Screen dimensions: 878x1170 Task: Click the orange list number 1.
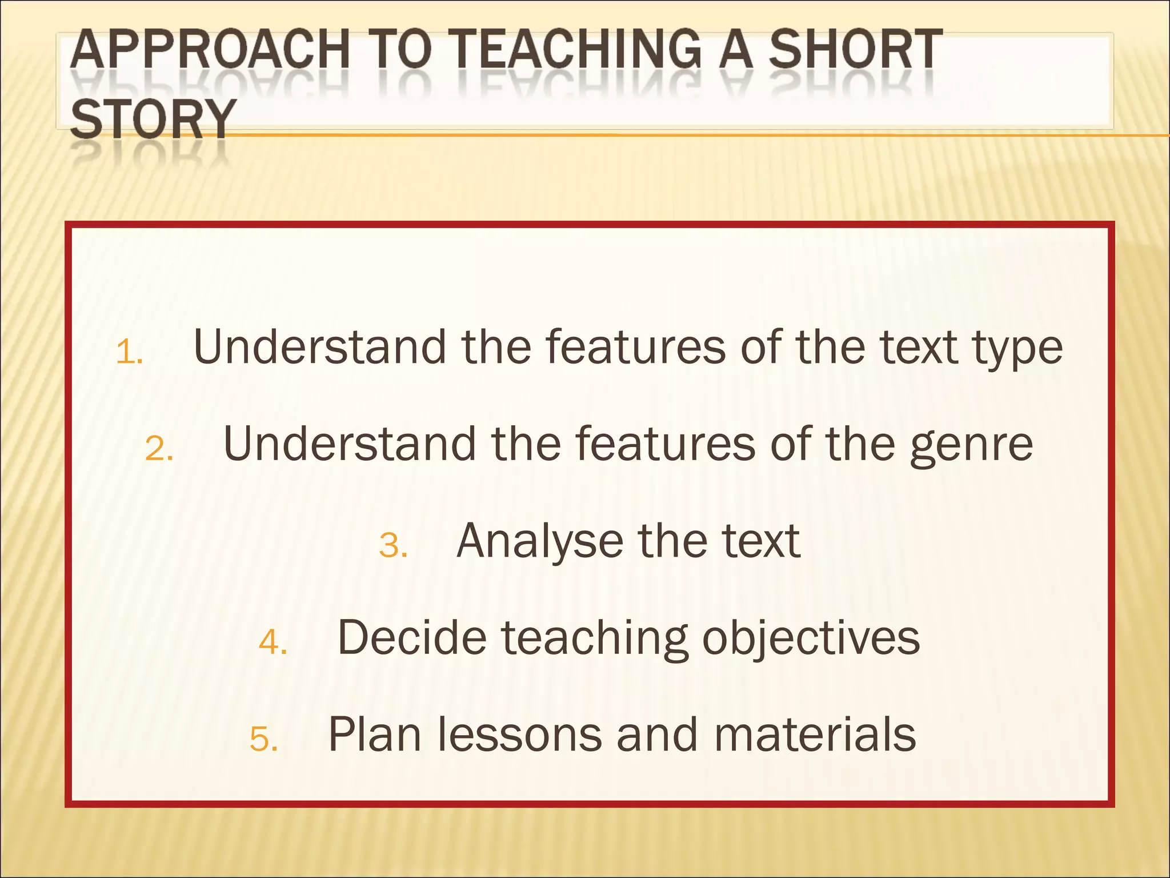[x=129, y=353]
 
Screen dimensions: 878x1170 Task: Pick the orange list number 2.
[x=159, y=449]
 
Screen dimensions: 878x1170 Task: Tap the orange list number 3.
[x=393, y=545]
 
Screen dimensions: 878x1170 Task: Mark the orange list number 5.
[x=264, y=739]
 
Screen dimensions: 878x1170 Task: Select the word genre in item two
[x=971, y=445]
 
